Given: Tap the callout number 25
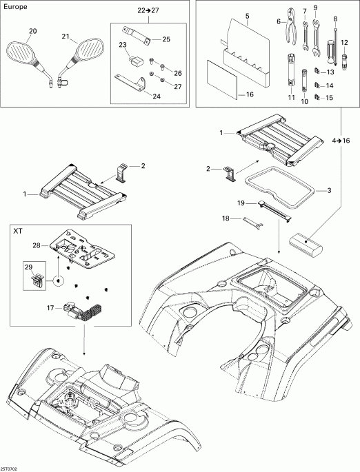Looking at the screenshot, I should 166,40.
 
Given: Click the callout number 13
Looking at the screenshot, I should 330,72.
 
